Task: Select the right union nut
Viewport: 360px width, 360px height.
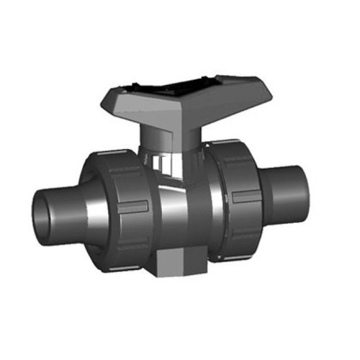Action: [x=239, y=197]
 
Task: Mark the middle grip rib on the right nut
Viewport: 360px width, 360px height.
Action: [x=247, y=196]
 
